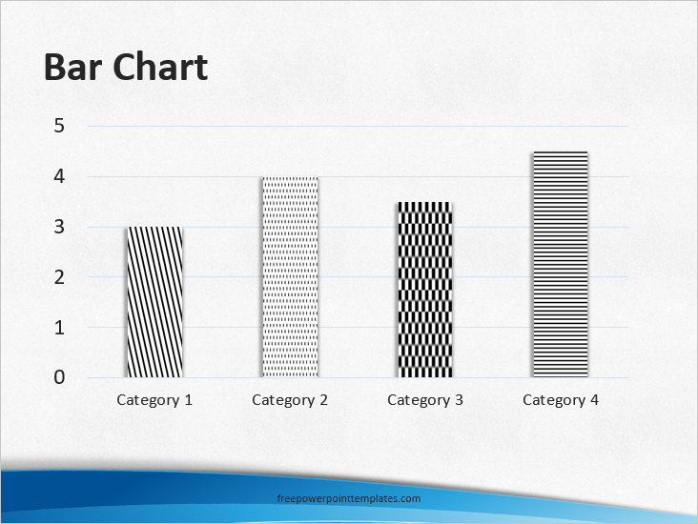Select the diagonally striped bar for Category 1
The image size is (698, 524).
coord(154,302)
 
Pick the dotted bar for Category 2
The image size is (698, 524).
coord(290,277)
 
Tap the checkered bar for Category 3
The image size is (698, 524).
coord(425,290)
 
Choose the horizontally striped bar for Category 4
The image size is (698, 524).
coord(561,264)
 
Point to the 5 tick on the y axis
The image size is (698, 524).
coord(59,126)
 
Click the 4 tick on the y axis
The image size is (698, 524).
coord(59,176)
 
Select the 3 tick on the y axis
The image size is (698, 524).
coord(59,227)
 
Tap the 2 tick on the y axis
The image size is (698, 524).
coord(59,277)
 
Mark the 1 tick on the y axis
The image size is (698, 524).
coord(59,328)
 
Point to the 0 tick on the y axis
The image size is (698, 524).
coord(59,377)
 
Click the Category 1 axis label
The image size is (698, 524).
coord(154,400)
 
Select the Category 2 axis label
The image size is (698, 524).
coord(290,400)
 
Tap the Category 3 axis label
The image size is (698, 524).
coord(425,400)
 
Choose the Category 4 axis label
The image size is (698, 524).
coord(561,400)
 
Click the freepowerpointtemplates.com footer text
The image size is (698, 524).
coord(348,498)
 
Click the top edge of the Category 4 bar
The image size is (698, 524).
coord(561,152)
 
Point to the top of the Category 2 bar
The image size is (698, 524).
coord(290,177)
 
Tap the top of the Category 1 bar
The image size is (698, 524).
coord(154,228)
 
